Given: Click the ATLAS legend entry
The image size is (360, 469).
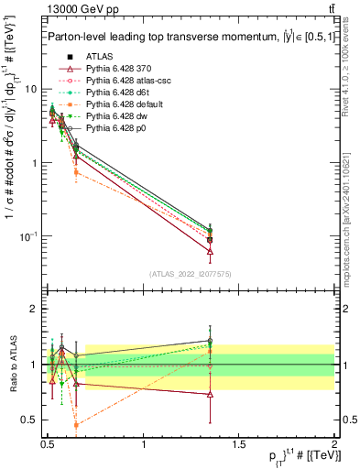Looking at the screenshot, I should click(x=97, y=57).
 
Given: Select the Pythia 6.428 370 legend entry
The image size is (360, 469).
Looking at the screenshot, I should click(x=120, y=69).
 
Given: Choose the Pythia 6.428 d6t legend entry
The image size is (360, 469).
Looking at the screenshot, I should click(x=118, y=93).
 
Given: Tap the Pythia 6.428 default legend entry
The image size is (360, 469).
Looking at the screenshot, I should click(x=124, y=104).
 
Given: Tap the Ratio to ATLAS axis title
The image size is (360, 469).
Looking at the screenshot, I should click(x=12, y=364).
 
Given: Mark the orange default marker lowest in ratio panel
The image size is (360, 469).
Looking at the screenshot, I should click(x=76, y=425).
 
